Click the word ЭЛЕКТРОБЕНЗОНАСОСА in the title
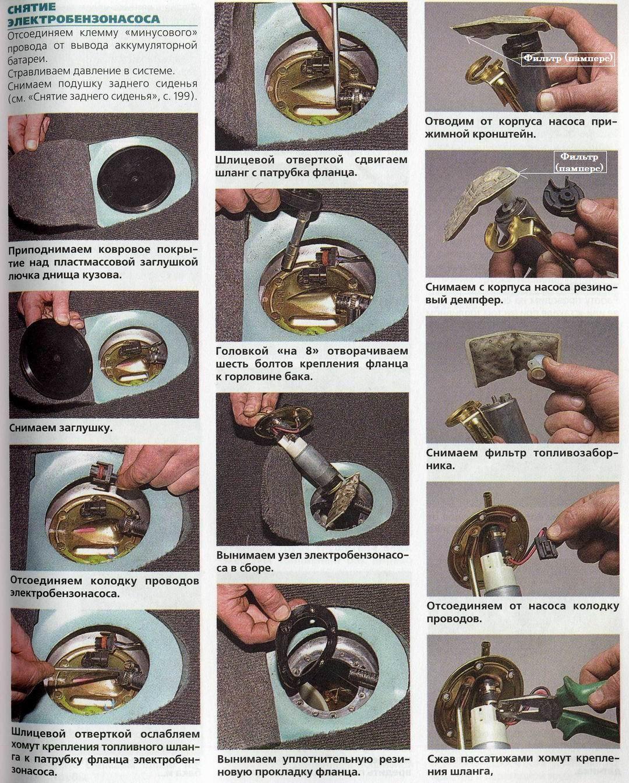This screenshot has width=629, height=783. [84, 19]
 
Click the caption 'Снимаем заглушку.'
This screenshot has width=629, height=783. [61, 428]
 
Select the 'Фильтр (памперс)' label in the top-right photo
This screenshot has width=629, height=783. [568, 58]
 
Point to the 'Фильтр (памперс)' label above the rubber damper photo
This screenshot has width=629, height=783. [579, 162]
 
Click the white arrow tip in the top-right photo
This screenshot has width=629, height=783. [467, 37]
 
